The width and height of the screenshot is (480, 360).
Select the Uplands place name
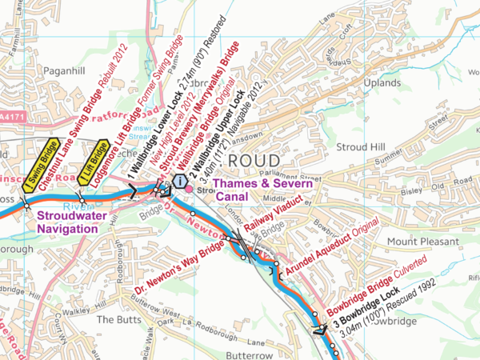click(379, 82)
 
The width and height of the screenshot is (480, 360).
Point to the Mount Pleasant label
click(422, 241)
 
